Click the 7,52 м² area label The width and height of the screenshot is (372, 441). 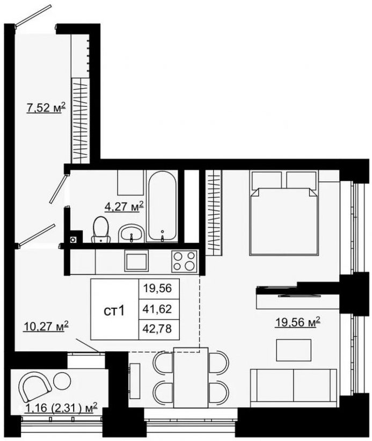[46, 108]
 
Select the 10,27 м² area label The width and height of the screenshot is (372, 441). [46, 327]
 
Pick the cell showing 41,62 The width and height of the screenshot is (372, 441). [159, 309]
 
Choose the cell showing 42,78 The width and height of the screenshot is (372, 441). [159, 329]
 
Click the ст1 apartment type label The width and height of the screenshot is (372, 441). [114, 311]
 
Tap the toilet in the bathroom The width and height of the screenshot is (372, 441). [101, 229]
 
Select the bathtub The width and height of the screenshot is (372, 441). [163, 206]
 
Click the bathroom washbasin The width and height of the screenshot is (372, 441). [131, 233]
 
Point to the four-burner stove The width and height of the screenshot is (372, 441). [184, 261]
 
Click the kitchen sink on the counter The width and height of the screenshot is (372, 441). [136, 261]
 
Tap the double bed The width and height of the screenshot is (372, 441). [284, 213]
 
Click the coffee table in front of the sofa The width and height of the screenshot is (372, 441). [294, 350]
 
